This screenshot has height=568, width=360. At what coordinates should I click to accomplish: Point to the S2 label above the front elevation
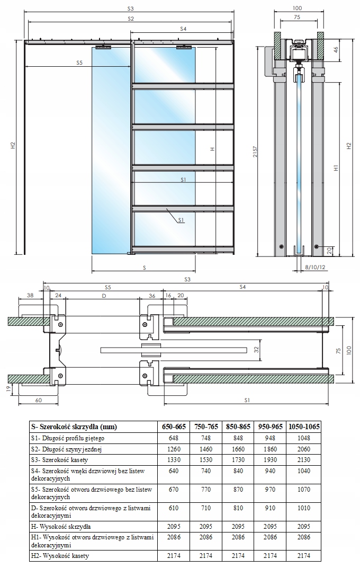point(130,19)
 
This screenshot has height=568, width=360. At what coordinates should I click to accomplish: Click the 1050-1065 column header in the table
point(304,427)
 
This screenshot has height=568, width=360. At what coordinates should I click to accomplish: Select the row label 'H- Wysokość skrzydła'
point(61,527)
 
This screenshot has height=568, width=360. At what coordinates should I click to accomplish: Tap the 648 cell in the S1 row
point(171,438)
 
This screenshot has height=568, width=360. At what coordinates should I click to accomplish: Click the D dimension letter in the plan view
point(104,295)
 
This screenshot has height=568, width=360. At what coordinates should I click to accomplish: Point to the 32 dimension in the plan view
point(255,349)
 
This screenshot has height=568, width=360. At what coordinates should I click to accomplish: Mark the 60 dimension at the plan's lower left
point(39,401)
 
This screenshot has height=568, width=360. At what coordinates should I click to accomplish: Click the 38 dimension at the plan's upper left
point(30,295)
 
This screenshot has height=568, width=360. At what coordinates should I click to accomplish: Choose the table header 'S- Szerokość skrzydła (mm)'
point(74,427)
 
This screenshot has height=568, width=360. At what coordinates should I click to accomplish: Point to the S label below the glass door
point(144,268)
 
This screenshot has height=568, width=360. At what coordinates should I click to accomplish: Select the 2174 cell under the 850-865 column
point(238,556)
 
